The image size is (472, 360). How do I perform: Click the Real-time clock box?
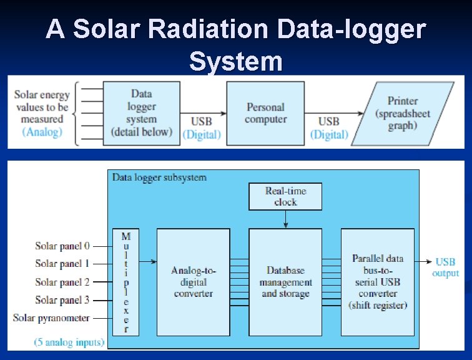[x=285, y=196]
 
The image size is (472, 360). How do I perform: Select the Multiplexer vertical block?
[x=125, y=282]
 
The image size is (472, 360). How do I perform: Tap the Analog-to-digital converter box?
[x=194, y=282]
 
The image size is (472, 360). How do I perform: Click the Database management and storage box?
[x=285, y=282]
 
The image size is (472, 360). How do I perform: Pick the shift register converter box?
[x=378, y=282]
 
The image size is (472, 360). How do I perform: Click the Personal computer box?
[x=265, y=113]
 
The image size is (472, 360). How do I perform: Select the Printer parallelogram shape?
[x=402, y=113]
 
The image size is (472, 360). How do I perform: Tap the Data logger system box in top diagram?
[x=141, y=113]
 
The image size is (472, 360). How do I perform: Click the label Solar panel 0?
[x=62, y=246]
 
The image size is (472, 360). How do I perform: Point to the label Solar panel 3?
[x=62, y=300]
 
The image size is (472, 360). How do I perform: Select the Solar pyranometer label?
[x=51, y=318]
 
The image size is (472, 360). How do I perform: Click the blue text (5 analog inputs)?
[x=69, y=342]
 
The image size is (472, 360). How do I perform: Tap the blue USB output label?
[x=446, y=267]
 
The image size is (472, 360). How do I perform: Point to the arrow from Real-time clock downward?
[x=285, y=219]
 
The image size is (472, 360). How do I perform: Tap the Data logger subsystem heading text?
[x=159, y=177]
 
